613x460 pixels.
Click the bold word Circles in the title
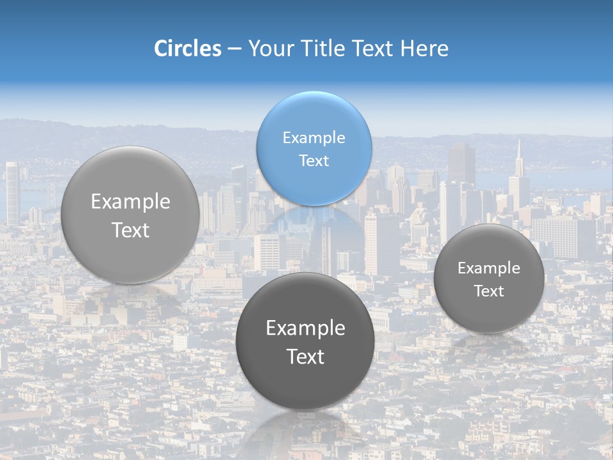[187, 49]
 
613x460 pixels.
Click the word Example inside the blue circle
[314, 137]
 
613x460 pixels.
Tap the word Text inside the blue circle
[314, 160]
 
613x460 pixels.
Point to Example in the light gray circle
[130, 202]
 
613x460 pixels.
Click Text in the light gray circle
[130, 230]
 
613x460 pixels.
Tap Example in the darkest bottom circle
[305, 328]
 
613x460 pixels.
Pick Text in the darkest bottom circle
[305, 356]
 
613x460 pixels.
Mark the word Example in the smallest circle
[488, 268]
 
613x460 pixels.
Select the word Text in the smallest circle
[488, 291]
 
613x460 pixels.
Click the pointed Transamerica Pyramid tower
[519, 169]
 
